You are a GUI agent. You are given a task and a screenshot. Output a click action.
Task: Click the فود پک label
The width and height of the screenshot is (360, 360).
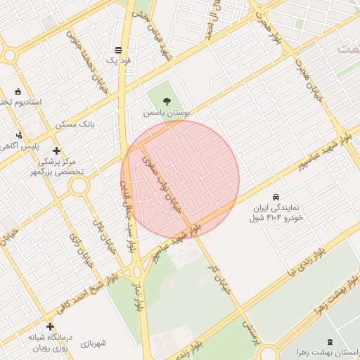click(118, 61)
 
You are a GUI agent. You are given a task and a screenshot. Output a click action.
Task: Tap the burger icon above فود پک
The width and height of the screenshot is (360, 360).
click(118, 50)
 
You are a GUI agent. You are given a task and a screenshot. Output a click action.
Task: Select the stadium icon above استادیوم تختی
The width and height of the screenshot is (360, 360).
click(18, 91)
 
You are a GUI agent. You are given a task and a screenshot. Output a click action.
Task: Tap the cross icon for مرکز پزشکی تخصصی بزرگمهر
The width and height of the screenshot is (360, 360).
click(56, 150)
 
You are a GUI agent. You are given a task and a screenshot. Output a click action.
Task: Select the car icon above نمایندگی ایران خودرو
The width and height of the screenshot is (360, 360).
click(276, 198)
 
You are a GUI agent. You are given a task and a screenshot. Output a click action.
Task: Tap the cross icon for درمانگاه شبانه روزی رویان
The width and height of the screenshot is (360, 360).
click(50, 326)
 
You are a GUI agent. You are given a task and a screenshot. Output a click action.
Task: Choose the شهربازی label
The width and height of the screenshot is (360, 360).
click(93, 344)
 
